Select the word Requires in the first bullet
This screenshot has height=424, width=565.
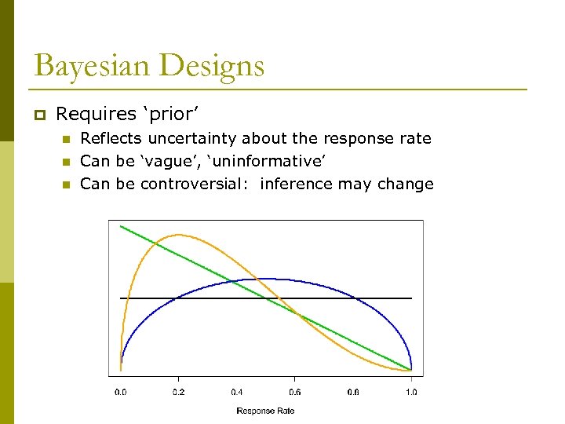click(96, 115)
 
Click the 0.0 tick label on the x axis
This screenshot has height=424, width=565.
click(120, 391)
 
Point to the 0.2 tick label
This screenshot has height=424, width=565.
click(178, 391)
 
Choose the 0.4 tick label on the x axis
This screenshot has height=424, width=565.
click(237, 391)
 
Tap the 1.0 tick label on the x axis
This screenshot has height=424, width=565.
click(411, 391)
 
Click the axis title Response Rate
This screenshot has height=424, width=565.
click(265, 411)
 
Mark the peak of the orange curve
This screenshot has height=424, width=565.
click(180, 235)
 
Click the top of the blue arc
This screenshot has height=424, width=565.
click(266, 279)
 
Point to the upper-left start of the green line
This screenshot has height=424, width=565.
click(121, 226)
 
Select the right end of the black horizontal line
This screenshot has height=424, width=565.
click(411, 298)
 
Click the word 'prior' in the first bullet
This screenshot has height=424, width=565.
click(166, 115)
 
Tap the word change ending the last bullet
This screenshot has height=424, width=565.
click(408, 185)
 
